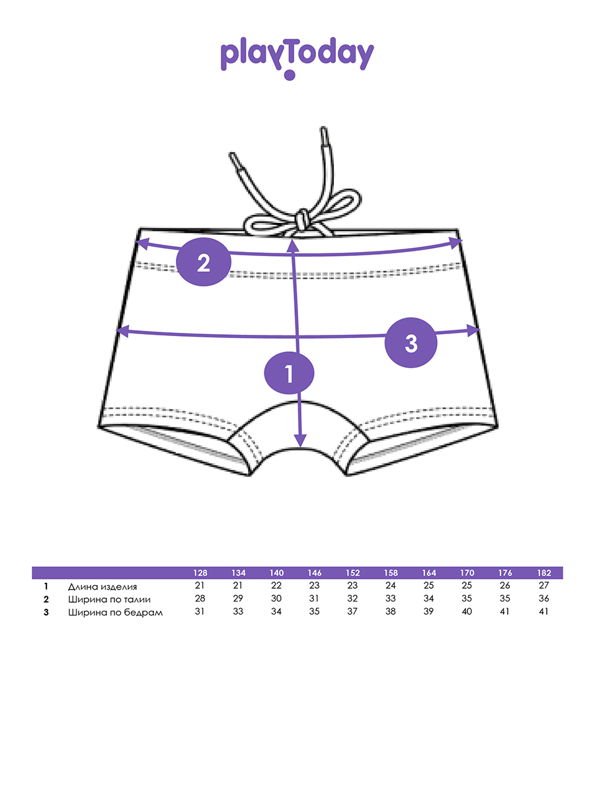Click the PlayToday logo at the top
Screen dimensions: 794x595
(297, 57)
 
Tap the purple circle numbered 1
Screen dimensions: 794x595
(289, 375)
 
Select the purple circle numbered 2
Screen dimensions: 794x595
(204, 263)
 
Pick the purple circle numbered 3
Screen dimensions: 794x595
(411, 343)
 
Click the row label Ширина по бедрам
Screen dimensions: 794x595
(115, 612)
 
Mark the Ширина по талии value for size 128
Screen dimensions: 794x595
(200, 599)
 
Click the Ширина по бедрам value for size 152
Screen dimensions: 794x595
(352, 611)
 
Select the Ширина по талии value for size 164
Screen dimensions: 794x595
(429, 599)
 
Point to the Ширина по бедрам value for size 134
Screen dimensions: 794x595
(238, 611)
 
